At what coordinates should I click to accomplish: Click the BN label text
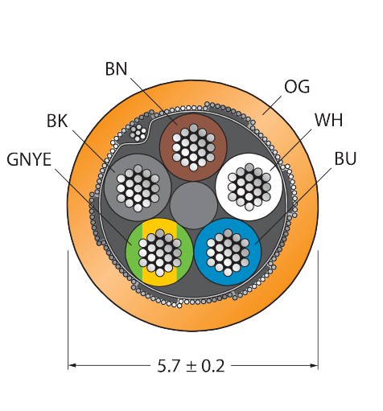click(116, 69)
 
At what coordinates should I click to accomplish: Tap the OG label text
click(297, 87)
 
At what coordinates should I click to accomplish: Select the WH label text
click(329, 120)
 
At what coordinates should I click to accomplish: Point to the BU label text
click(345, 158)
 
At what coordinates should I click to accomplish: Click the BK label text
click(57, 121)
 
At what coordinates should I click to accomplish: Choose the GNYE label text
click(29, 159)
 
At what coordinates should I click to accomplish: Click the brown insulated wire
click(193, 147)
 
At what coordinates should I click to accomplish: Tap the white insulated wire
click(249, 187)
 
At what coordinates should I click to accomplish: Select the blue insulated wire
click(228, 252)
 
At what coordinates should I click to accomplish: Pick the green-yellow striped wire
click(159, 253)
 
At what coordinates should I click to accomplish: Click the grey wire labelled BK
click(138, 187)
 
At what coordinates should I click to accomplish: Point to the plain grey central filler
click(193, 205)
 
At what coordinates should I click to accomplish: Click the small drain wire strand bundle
click(138, 133)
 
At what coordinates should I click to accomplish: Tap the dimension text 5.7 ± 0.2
click(191, 366)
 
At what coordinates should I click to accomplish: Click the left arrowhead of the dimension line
click(72, 365)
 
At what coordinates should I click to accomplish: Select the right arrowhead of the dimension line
click(315, 365)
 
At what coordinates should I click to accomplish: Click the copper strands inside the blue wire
click(228, 252)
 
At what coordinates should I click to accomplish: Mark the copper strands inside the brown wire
click(193, 147)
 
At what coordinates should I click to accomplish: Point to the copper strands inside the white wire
click(249, 187)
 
